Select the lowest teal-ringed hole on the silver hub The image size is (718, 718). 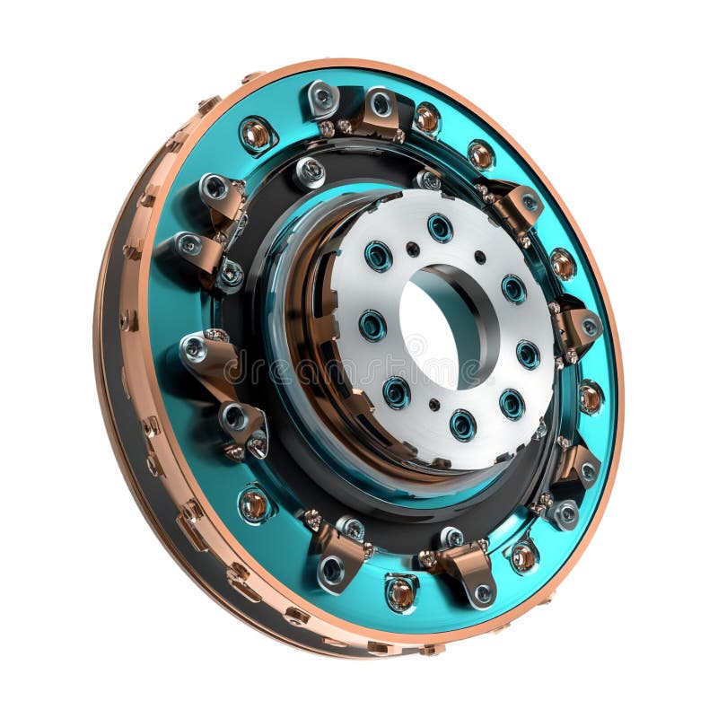click(463, 424)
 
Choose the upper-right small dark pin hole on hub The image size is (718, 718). click(480, 257)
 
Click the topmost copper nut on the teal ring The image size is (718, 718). click(426, 118)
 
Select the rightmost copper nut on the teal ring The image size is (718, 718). click(590, 397)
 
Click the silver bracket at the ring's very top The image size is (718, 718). click(321, 98)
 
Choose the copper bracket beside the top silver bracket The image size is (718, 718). click(375, 112)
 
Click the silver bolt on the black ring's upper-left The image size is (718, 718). click(311, 171)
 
